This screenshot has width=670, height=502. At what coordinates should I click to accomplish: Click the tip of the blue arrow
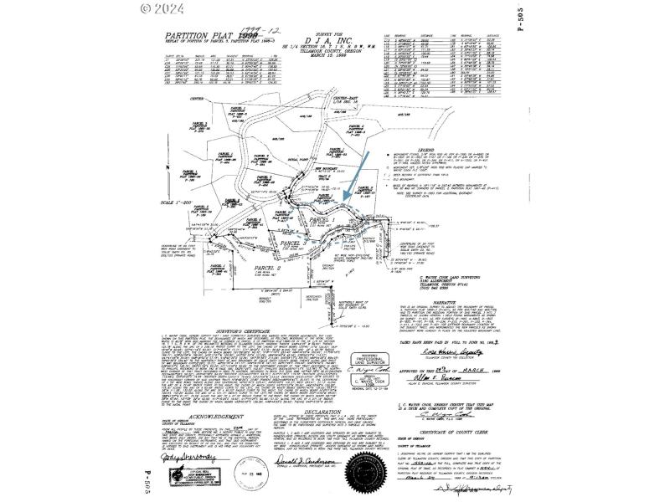pos(345,200)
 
